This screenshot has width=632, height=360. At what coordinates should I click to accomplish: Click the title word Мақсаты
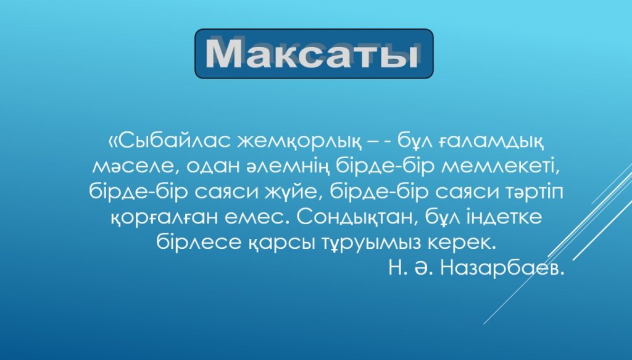pyautogui.click(x=311, y=53)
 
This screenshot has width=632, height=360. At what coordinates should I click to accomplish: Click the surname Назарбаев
pyautogui.click(x=501, y=267)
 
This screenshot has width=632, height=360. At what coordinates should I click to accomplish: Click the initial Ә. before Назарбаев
pyautogui.click(x=423, y=268)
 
